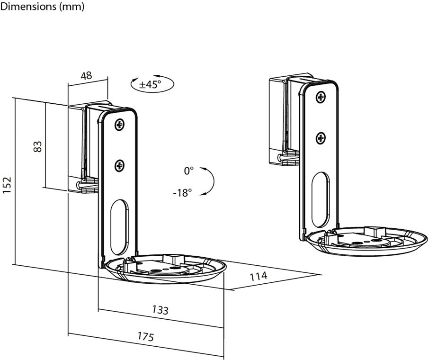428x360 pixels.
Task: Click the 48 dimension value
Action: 87,76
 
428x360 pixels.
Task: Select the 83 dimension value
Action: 38,146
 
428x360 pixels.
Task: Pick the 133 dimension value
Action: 160,310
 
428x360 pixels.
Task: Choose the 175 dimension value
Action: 145,337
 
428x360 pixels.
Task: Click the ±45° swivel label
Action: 150,85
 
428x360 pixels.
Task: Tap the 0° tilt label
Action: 189,170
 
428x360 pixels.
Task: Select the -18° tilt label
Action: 182,193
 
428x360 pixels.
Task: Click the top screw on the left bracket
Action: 119,126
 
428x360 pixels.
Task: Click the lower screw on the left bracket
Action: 120,166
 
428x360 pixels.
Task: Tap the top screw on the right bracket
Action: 321,97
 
